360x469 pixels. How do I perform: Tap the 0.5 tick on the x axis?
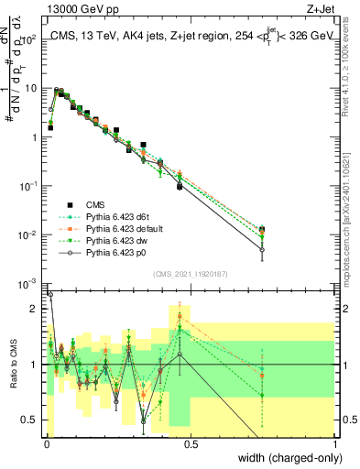coord(190,444)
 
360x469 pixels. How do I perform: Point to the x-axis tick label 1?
coord(335,444)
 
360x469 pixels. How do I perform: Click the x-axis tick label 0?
coord(46,444)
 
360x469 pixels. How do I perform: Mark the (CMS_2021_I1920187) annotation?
coord(191,273)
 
